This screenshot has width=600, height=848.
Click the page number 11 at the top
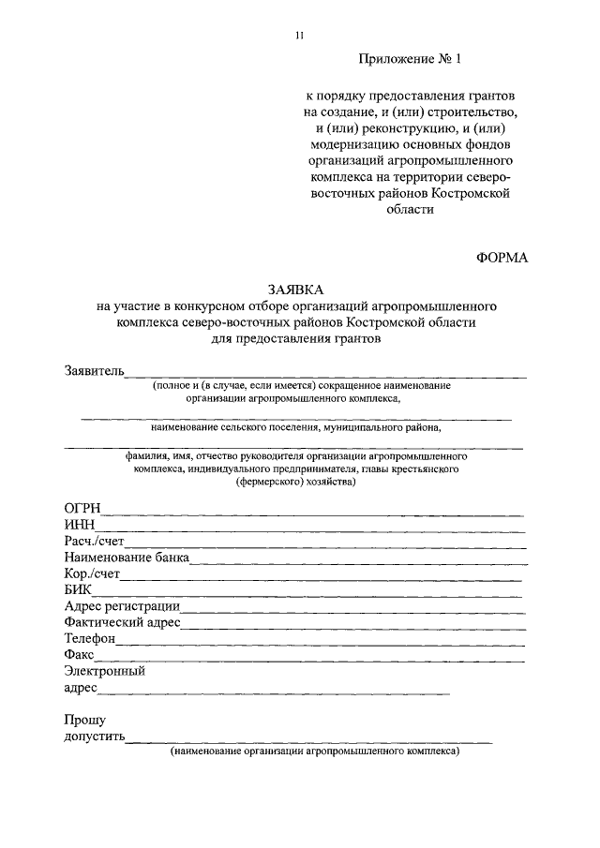299,36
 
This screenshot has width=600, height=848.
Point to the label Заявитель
94,370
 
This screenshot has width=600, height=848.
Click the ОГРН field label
82,508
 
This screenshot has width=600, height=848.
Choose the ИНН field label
80,525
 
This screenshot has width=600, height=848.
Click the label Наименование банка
127,558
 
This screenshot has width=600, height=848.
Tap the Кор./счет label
92,574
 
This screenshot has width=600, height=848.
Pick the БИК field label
80,590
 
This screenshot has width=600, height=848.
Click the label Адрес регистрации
122,606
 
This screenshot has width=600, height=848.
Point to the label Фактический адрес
122,622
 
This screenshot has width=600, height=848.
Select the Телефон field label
90,638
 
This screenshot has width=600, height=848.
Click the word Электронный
104,671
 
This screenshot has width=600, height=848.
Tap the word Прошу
84,721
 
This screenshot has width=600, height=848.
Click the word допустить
95,737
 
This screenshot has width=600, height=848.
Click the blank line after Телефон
319,643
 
